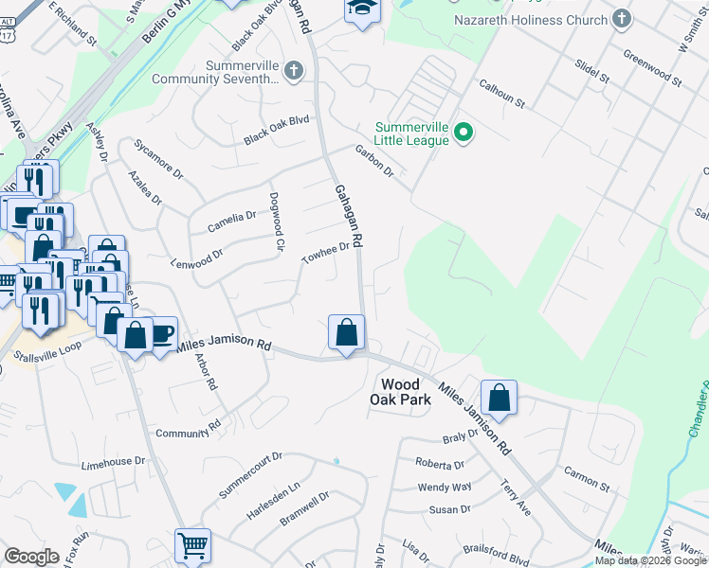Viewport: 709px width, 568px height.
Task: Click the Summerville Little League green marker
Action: [464, 133]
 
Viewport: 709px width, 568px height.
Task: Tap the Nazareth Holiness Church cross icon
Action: [622, 18]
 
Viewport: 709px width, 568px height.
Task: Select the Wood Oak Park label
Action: [406, 392]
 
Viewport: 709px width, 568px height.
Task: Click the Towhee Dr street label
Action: [325, 254]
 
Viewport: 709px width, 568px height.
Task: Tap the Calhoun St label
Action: [501, 92]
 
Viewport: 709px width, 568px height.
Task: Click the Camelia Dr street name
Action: [231, 222]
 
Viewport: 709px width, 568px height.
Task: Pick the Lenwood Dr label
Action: [196, 257]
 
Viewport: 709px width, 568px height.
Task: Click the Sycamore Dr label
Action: [158, 161]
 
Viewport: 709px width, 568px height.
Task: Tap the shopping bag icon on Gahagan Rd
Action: [346, 332]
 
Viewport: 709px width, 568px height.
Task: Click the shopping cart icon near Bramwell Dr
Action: [191, 546]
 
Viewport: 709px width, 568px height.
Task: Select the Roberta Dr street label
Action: [440, 464]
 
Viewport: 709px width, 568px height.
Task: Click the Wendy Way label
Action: [445, 488]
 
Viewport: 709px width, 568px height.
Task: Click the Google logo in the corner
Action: [31, 557]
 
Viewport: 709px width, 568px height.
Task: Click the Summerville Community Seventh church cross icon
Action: [295, 69]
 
